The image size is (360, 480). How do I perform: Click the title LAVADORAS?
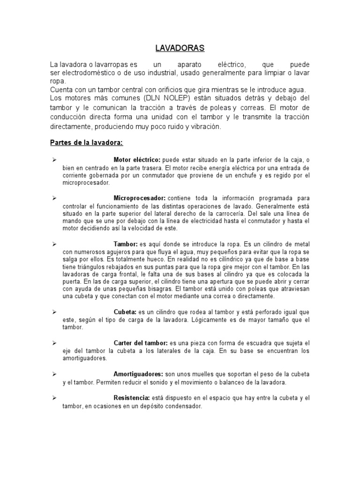click(x=180, y=48)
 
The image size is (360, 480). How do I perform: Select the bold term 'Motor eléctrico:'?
click(x=137, y=160)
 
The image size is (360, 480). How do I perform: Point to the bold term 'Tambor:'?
click(x=125, y=244)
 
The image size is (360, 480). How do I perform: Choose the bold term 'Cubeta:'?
click(x=125, y=312)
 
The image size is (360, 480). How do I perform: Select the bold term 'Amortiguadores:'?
click(x=138, y=374)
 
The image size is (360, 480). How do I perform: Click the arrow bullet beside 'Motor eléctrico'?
click(x=54, y=160)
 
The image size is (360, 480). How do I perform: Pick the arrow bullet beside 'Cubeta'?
click(x=54, y=312)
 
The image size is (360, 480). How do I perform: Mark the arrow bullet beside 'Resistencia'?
click(x=54, y=398)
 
